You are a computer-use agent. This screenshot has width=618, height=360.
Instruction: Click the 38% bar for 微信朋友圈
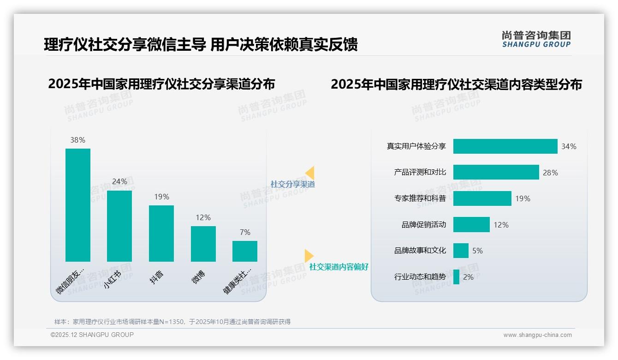[77, 205]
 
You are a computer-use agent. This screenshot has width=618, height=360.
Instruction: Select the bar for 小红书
[119, 226]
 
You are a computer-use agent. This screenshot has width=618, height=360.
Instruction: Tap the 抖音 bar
[161, 234]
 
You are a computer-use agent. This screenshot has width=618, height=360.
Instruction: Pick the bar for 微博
[203, 244]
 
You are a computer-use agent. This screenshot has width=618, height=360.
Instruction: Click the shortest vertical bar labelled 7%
[245, 251]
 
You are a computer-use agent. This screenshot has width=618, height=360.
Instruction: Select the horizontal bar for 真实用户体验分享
[505, 146]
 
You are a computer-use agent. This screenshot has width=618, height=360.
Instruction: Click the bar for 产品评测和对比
[496, 172]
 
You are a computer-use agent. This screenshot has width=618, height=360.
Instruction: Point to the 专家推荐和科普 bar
[482, 198]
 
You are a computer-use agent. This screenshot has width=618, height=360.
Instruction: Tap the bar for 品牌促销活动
[471, 225]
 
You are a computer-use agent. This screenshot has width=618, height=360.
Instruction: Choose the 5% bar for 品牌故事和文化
[461, 251]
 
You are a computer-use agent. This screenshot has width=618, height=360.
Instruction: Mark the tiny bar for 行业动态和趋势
[456, 277]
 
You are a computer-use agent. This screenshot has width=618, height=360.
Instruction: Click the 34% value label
[569, 147]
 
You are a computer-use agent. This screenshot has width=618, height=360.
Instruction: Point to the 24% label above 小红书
[119, 182]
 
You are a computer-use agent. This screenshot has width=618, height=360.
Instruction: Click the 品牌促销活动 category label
[423, 225]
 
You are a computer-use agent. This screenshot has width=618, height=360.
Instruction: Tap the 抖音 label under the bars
[157, 277]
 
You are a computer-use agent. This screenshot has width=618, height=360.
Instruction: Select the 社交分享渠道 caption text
[293, 184]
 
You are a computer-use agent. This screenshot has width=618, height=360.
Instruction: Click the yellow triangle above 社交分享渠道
[310, 173]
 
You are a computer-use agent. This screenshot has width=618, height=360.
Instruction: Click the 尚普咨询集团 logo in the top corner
[536, 39]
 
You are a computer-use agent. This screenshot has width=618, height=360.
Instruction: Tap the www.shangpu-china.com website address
[537, 335]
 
